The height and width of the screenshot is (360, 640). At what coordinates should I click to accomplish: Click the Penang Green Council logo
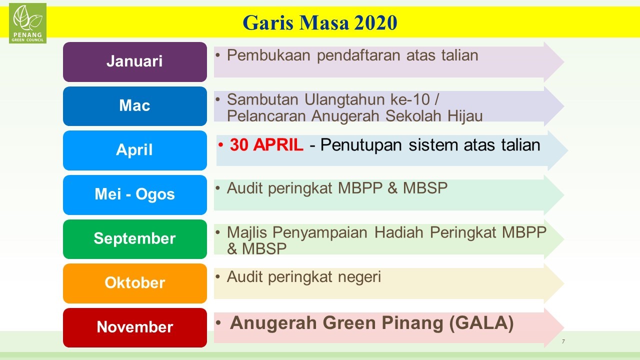27,23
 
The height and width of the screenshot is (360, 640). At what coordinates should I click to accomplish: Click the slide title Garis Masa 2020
320,22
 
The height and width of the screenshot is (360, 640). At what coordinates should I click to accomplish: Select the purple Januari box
135,61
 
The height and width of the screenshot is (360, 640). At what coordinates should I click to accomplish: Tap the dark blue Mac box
135,106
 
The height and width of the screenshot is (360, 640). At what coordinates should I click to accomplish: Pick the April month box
135,150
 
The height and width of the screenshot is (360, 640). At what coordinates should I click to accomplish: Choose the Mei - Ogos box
135,195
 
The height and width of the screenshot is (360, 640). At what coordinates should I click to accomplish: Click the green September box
135,239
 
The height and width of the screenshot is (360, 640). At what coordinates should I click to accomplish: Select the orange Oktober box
135,283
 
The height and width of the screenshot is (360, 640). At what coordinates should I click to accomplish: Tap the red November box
135,327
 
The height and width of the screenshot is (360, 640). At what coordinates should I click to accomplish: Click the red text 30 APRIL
266,144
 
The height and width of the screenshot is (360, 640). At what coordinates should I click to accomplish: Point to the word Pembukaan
268,55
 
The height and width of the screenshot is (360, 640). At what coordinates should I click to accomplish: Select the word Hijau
465,116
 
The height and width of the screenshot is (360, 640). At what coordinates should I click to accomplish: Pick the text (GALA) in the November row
481,323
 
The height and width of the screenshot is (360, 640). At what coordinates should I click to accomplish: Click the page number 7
563,341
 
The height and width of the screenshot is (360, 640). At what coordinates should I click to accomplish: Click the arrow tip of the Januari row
564,61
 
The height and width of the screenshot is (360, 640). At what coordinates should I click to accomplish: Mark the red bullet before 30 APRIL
220,145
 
